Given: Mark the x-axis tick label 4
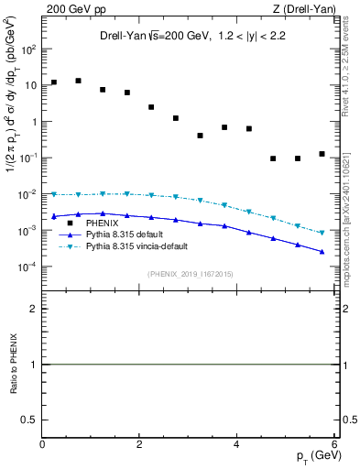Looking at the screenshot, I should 236,444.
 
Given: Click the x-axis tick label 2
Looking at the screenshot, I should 139,444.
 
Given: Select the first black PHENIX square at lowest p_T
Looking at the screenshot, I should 54,82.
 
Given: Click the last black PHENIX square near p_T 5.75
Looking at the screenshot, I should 322,154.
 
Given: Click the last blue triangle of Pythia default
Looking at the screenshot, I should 322,251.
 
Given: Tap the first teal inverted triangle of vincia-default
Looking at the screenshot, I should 54,194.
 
